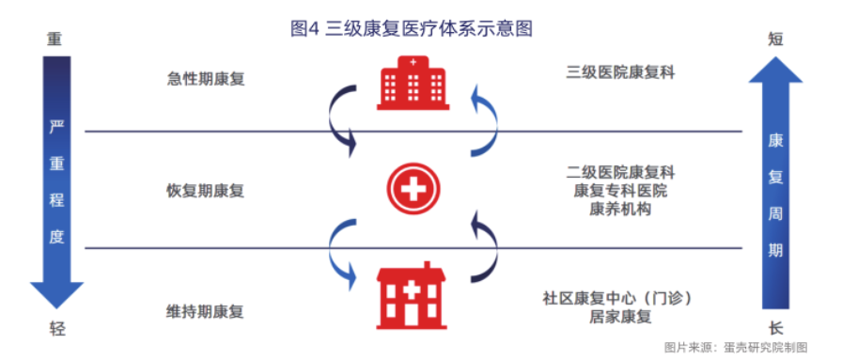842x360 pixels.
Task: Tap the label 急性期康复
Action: pyautogui.click(x=206, y=79)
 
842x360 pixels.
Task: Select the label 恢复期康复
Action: pyautogui.click(x=206, y=191)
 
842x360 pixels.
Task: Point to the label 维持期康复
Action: pyautogui.click(x=206, y=311)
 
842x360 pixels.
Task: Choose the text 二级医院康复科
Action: pyautogui.click(x=621, y=173)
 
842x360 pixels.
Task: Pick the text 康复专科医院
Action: pyautogui.click(x=621, y=191)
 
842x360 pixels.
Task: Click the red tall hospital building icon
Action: pyautogui.click(x=413, y=83)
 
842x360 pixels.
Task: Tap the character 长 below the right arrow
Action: pyautogui.click(x=775, y=328)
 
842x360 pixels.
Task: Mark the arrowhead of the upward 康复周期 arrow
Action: pyautogui.click(x=775, y=68)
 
